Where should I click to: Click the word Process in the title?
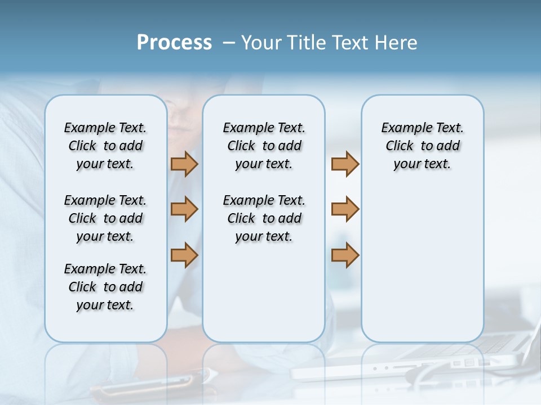point(174,43)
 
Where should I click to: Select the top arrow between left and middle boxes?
point(184,164)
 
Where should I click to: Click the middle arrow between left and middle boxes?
point(184,209)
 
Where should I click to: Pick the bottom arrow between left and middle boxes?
point(184,255)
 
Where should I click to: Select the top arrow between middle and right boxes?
point(345,164)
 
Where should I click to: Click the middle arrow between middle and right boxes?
point(345,209)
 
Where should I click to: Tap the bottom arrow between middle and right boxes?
point(345,255)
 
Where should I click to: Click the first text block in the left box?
point(105,146)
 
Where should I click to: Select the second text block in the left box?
point(105,218)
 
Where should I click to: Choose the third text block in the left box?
point(105,287)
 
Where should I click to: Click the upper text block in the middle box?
point(264,146)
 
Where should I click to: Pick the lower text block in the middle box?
point(264,218)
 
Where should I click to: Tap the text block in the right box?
point(422,146)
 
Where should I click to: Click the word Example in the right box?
point(402,128)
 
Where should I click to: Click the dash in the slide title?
point(229,43)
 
